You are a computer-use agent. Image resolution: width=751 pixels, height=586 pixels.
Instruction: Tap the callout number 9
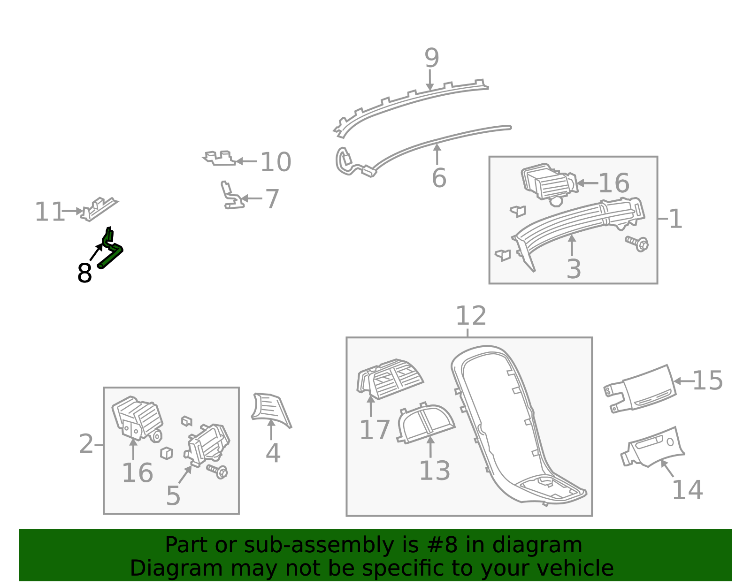point(432,58)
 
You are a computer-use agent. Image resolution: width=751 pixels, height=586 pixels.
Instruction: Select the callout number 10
point(276,161)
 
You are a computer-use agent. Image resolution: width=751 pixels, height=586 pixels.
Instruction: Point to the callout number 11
point(49,212)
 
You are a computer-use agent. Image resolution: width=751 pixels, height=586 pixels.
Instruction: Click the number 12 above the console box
point(471,316)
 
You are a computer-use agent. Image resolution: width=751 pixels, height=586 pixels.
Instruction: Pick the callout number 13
point(435,470)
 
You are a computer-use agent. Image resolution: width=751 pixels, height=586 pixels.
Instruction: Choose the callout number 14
point(688,490)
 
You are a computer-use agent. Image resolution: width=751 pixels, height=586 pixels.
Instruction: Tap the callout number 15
point(708,381)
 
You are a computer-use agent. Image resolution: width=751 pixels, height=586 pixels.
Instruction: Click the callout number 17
point(375,430)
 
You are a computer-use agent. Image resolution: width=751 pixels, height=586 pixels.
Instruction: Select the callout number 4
point(273,453)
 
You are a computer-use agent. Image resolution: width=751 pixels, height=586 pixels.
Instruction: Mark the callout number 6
point(439,178)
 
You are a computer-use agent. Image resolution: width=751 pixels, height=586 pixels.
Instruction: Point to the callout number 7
point(272,199)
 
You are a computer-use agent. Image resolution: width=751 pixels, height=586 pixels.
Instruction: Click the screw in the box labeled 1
point(637,244)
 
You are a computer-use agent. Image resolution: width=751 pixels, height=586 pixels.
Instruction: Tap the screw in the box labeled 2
point(217,472)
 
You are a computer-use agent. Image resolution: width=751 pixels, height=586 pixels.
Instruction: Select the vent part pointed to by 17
point(390,379)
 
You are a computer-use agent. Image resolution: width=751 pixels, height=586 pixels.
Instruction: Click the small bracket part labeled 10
point(220,158)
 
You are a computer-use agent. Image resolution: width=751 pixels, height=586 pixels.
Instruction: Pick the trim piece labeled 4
point(271,410)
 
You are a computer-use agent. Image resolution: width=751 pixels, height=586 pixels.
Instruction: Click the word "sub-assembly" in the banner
point(319,545)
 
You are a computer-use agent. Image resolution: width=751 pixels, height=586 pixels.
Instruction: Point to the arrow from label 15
point(683,381)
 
